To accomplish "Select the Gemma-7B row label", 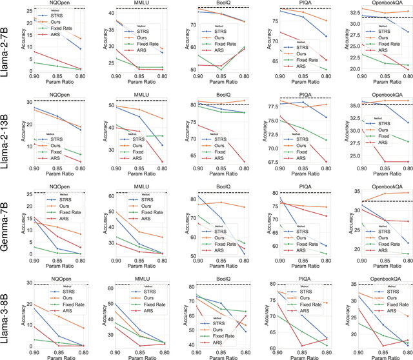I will [6, 221].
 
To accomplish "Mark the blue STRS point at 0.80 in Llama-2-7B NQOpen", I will [81, 48].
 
